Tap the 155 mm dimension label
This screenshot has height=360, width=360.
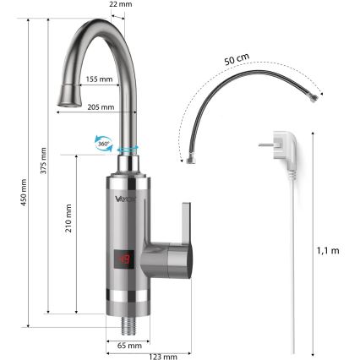point(99,79)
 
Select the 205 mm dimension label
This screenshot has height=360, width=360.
point(100,106)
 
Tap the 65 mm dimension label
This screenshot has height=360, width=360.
point(128,346)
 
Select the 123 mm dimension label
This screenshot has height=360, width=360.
point(164,356)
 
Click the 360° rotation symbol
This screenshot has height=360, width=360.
point(106,145)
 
